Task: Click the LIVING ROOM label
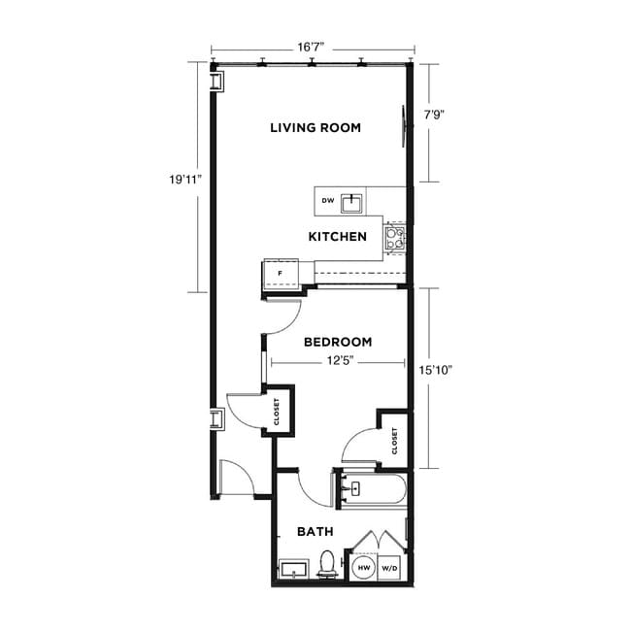click(x=315, y=127)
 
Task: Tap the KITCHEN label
click(x=337, y=237)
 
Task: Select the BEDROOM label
click(x=338, y=342)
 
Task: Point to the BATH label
click(x=315, y=532)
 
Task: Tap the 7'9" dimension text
click(x=435, y=113)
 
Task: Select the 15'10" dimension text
click(x=437, y=370)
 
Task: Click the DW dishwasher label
click(x=328, y=202)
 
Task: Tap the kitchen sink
click(x=351, y=202)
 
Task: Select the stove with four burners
click(x=394, y=237)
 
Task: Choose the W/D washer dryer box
click(x=390, y=567)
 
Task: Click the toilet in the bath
click(x=327, y=564)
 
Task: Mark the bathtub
click(x=374, y=488)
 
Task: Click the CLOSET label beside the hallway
click(x=277, y=413)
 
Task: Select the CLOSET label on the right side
click(x=394, y=441)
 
